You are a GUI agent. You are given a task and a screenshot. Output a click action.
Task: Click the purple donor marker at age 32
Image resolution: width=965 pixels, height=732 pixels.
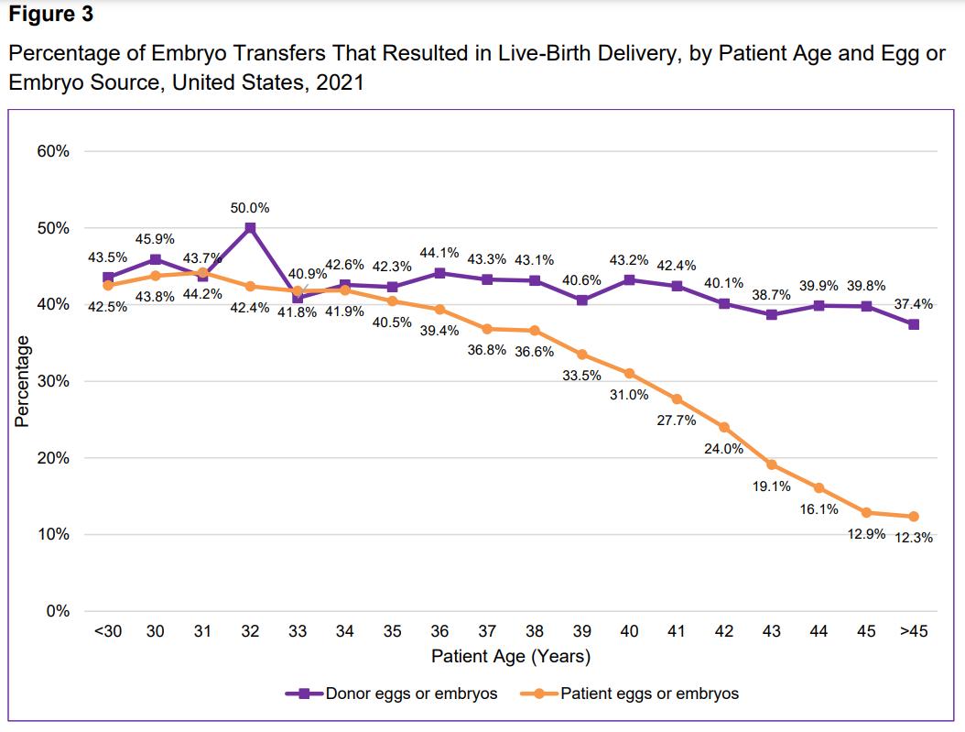(x=250, y=228)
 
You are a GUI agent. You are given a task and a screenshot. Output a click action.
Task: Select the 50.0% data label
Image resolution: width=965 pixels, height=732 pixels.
(x=250, y=208)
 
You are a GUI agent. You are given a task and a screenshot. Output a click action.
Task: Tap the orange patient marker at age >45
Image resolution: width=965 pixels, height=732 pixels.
(x=913, y=517)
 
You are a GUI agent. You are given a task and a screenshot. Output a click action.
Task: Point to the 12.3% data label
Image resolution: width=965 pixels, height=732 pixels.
(x=914, y=538)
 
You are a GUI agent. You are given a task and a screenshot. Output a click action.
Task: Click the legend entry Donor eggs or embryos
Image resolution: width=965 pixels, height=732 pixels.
(x=391, y=694)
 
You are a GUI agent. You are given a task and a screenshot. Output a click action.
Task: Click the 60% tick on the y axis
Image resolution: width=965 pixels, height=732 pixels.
(x=53, y=151)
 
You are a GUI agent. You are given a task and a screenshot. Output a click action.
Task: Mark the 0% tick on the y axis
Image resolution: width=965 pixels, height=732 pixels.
(x=58, y=611)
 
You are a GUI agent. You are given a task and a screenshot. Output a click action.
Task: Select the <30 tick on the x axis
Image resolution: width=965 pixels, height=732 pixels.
(x=108, y=632)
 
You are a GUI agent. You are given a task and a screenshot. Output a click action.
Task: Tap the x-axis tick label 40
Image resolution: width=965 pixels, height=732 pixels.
(x=629, y=632)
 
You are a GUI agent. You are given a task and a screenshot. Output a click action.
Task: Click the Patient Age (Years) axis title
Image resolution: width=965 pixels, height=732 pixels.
(x=511, y=656)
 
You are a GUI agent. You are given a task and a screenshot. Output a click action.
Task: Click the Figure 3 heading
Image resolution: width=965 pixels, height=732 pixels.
(x=51, y=16)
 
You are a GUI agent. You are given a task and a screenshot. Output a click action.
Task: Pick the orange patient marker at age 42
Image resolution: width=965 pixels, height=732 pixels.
(x=724, y=427)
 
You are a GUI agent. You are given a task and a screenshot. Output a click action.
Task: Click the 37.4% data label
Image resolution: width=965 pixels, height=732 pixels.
(x=913, y=303)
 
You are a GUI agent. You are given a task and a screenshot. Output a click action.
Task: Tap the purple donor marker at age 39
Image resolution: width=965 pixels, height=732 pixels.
(x=581, y=300)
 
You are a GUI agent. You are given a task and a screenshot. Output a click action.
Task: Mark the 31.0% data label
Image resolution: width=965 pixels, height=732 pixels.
(x=629, y=395)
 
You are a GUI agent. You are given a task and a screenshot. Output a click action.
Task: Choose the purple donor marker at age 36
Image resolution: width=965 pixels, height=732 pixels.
(x=439, y=273)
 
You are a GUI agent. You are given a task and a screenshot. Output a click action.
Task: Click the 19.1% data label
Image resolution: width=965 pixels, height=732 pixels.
(x=771, y=486)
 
